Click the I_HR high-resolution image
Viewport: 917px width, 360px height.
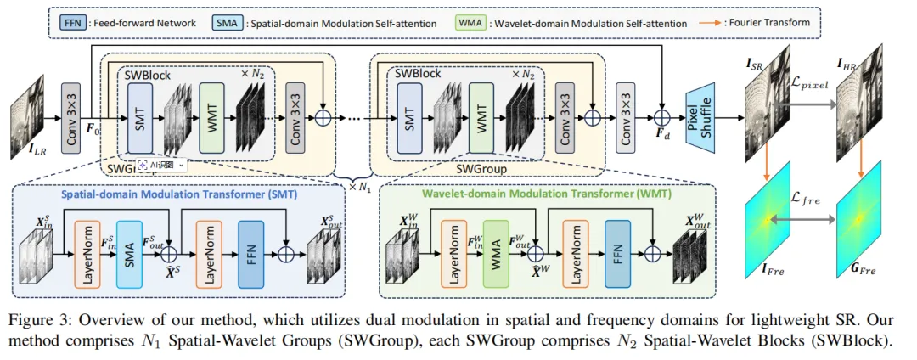864,109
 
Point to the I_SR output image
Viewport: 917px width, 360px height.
769,109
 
